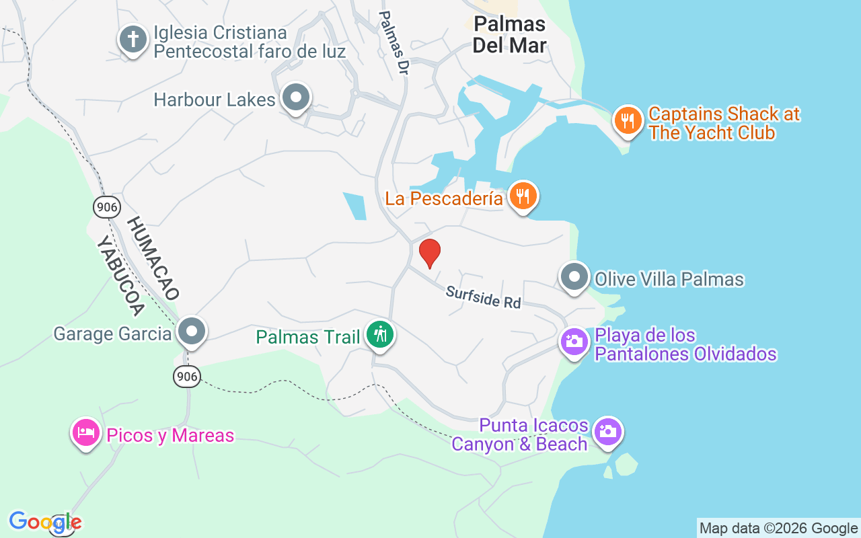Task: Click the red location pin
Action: click(x=429, y=254)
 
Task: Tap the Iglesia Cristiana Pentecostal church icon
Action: click(x=133, y=39)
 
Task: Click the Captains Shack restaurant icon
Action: click(x=628, y=120)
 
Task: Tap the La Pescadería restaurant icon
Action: click(x=523, y=196)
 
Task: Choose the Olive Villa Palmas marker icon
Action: click(x=574, y=277)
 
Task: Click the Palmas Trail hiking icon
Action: click(x=380, y=334)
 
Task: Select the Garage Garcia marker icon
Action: click(x=192, y=331)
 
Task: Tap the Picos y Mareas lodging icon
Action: click(x=85, y=432)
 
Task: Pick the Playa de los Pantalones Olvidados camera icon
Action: click(x=574, y=341)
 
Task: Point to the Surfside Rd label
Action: click(x=483, y=297)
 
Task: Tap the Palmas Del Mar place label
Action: click(x=509, y=34)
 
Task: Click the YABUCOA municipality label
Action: click(x=121, y=276)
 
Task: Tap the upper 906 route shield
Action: click(x=107, y=207)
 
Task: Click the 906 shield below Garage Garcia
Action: click(x=187, y=377)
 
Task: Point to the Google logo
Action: click(x=45, y=522)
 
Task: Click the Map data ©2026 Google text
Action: click(x=778, y=529)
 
